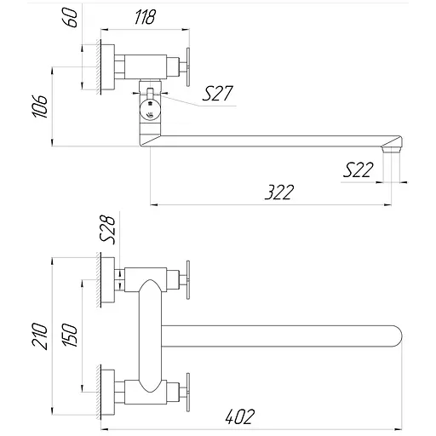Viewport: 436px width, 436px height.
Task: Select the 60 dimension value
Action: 72,17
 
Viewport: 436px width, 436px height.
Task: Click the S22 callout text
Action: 357,170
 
